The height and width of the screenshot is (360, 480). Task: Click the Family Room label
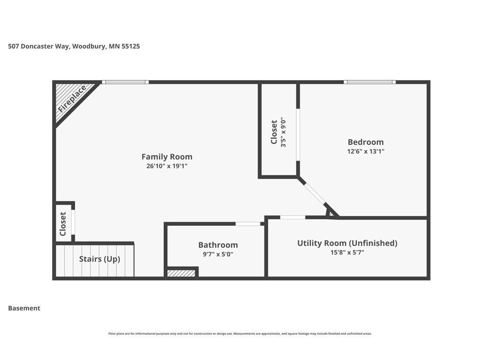[167, 157]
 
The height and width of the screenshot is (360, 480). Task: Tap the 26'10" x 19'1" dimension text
[167, 166]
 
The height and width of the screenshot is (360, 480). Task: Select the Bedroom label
[366, 142]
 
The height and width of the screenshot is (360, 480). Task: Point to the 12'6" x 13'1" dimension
[366, 151]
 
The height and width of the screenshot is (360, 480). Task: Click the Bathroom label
[218, 245]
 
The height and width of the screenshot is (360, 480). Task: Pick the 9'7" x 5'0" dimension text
[218, 254]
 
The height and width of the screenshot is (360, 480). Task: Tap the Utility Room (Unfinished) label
[347, 243]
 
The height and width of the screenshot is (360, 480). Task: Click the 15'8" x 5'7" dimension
[347, 253]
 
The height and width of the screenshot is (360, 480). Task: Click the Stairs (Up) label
[99, 259]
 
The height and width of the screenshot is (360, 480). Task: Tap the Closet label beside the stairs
[63, 224]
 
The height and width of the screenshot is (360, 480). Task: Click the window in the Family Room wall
[125, 82]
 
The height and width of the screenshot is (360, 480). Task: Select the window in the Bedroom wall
[369, 82]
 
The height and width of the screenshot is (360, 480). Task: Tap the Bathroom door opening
[247, 224]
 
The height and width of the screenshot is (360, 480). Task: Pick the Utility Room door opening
[292, 217]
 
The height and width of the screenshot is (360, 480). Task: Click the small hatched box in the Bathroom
[181, 273]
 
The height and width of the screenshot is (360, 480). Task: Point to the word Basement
[24, 308]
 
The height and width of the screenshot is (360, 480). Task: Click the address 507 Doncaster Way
[39, 46]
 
